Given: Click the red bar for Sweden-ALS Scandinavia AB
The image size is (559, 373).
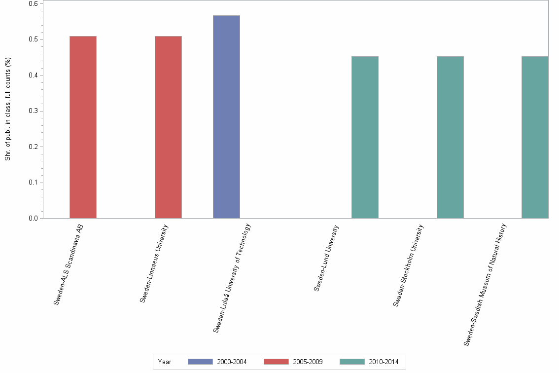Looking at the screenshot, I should pos(83,127).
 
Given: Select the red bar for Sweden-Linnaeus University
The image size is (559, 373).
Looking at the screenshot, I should pos(168,127).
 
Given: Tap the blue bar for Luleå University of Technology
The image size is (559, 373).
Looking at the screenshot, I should pos(226,116).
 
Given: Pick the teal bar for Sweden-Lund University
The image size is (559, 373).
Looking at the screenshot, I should pos(365,137).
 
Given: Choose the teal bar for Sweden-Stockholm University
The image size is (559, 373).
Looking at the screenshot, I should pos(450,137).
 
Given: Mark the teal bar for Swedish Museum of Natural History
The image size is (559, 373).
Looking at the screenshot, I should pos(535,137).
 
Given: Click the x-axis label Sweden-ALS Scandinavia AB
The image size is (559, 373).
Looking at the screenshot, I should pos(69,263).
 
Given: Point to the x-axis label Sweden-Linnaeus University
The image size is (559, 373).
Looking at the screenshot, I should pos(154,263).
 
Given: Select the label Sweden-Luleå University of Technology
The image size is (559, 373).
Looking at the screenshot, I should pos(232,278).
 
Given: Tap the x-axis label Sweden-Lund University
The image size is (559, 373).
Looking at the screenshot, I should pos(326,258).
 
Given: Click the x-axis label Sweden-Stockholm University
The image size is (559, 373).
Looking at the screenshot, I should pos(409,265).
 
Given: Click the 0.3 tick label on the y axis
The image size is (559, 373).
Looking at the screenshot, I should pos(33,111).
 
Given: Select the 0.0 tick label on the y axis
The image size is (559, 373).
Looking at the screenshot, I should pos(33,218).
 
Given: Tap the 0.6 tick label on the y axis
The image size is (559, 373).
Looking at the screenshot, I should pos(33,4).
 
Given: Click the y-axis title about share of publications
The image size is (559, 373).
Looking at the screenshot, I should pos(8,109).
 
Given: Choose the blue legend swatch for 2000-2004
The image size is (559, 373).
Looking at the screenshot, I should pos(200,362).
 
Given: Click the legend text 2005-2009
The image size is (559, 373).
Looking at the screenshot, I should pos(308,362).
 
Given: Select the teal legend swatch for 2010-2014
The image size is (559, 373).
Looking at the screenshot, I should pos(352,362).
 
